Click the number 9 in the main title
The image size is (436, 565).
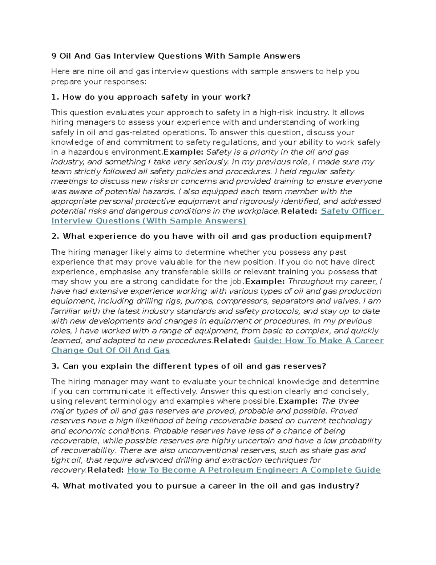pyautogui.click(x=54, y=56)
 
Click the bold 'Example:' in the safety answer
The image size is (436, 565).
pyautogui.click(x=183, y=152)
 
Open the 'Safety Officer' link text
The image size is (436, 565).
pyautogui.click(x=351, y=211)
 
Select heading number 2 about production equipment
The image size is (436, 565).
pyautogui.click(x=211, y=236)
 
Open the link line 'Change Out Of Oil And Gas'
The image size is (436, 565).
pyautogui.click(x=110, y=350)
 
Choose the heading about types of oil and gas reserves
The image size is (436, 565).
pyautogui.click(x=189, y=366)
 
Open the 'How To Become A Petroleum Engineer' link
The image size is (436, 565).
pyautogui.click(x=254, y=470)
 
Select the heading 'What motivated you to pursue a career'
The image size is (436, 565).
pyautogui.click(x=205, y=486)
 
